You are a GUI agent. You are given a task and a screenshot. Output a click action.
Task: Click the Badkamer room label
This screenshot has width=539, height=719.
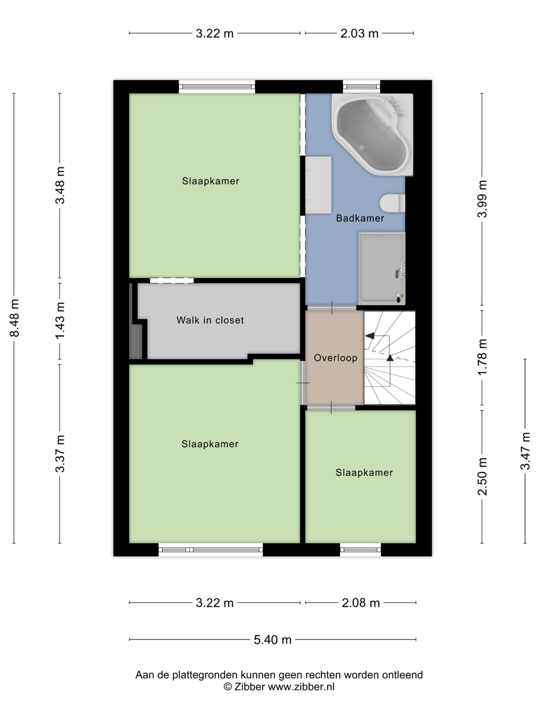360,218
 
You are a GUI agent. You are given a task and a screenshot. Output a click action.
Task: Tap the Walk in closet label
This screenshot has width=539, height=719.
210,320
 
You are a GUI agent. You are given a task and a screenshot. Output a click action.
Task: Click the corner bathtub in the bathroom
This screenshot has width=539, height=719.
372,134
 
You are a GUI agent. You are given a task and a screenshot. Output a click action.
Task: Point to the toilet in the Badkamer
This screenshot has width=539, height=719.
392,203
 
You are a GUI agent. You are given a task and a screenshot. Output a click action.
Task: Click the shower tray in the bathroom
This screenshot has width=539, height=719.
382,269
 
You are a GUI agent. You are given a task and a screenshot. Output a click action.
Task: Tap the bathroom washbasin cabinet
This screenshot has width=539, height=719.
318,185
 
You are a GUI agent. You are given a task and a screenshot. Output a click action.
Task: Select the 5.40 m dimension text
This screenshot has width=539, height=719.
272,640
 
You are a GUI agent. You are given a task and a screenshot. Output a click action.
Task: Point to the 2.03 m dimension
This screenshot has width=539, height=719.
359,33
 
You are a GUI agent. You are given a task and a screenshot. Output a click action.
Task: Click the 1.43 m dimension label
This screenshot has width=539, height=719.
60,320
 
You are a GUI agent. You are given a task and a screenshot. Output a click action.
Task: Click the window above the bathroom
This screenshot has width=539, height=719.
362,87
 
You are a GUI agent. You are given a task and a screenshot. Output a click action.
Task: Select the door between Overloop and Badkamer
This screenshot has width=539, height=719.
332,308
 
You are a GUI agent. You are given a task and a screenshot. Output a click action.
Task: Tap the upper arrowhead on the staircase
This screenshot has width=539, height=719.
369,336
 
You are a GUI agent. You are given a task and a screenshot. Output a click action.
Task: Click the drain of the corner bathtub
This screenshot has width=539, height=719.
362,147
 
